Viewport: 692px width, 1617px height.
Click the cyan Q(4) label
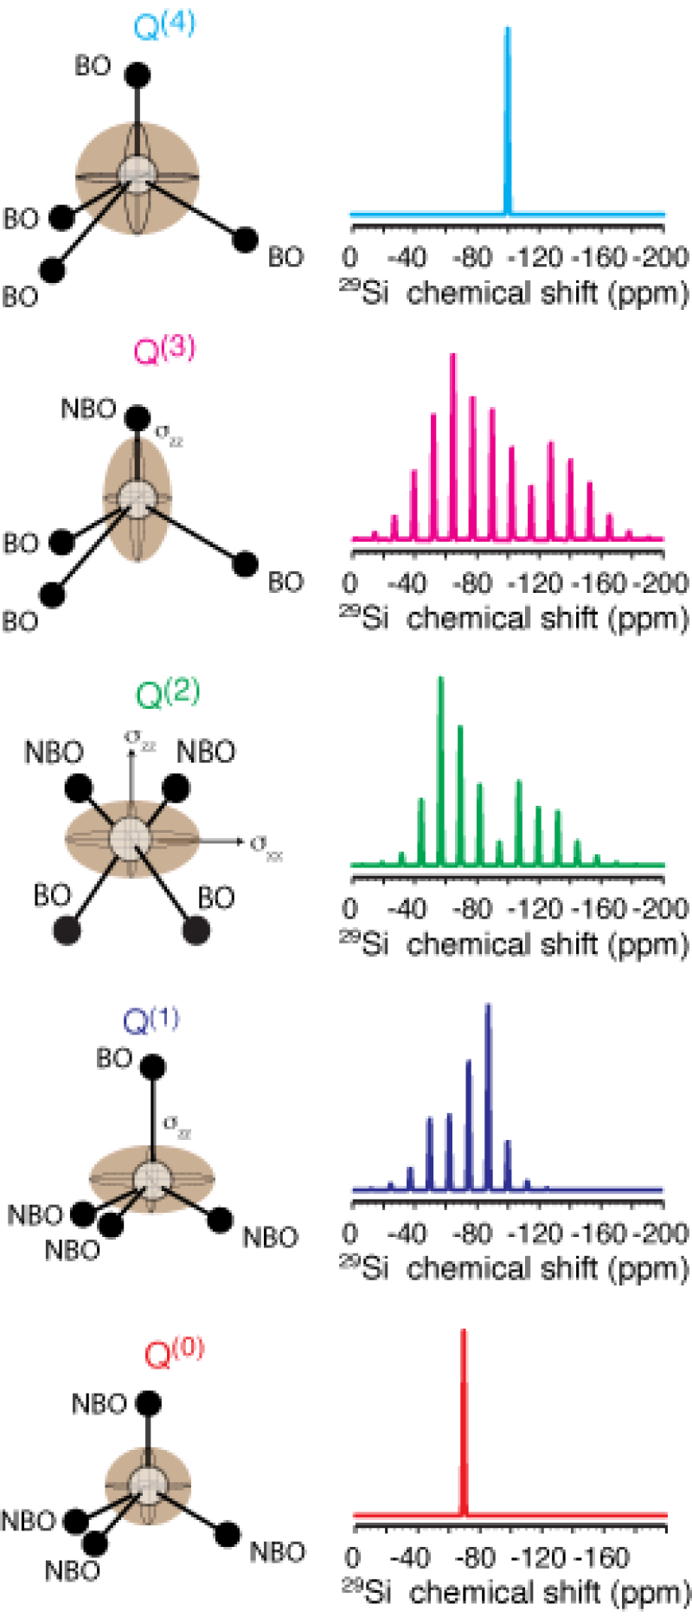pyautogui.click(x=164, y=24)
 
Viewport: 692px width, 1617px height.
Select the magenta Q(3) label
pyautogui.click(x=164, y=351)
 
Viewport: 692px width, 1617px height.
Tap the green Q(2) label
pyautogui.click(x=167, y=693)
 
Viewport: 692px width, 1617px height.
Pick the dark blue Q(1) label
pyautogui.click(x=152, y=1020)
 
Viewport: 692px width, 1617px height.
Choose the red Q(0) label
pyautogui.click(x=174, y=1350)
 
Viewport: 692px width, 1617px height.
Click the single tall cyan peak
pyautogui.click(x=508, y=113)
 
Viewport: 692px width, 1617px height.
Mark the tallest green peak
pyautogui.click(x=440, y=762)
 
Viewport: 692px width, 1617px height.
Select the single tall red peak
pyautogui.click(x=465, y=1420)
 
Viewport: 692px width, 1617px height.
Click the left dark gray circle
pyautogui.click(x=67, y=931)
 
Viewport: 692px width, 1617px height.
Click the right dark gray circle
pyautogui.click(x=196, y=931)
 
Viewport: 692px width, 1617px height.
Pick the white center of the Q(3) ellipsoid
pyautogui.click(x=137, y=498)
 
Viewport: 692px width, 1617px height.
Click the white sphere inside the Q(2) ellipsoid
pyautogui.click(x=131, y=838)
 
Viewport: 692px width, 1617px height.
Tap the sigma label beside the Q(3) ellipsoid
pyautogui.click(x=168, y=435)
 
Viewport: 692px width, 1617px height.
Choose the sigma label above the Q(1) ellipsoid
pyautogui.click(x=176, y=1126)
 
